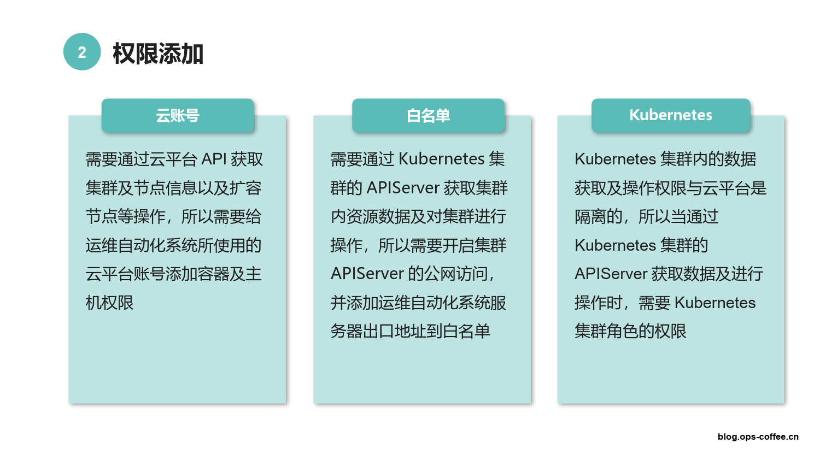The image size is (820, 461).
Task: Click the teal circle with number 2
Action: [82, 51]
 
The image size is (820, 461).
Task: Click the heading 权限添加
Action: [158, 54]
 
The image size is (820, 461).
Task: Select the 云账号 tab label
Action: [178, 116]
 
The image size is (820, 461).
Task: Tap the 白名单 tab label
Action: [428, 116]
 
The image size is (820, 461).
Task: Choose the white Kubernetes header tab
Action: [671, 115]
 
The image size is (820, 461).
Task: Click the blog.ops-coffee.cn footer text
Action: [758, 436]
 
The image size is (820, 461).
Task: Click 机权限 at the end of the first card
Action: [109, 303]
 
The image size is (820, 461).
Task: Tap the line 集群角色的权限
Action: [630, 331]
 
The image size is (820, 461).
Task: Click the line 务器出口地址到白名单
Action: [410, 331]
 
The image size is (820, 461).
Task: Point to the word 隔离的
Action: [599, 217]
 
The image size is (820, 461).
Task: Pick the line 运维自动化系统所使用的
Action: [173, 245]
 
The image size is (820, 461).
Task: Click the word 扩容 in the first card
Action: [245, 188]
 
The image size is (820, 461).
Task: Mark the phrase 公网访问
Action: [456, 274]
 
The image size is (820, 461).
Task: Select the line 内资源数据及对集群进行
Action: [418, 217]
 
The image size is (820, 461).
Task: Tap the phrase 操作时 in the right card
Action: [599, 303]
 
